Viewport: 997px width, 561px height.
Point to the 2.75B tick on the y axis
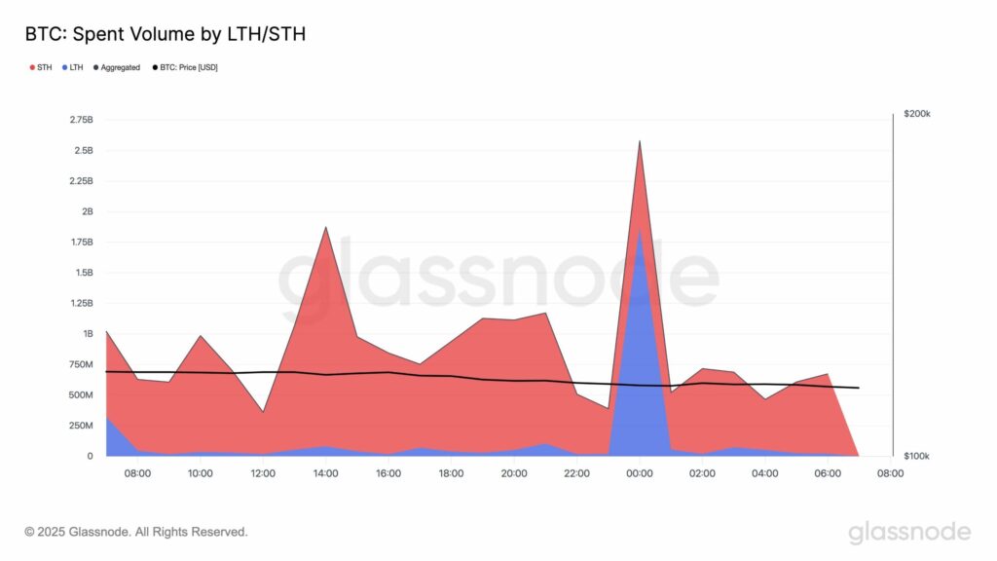81,120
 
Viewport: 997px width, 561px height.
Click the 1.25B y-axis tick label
81,304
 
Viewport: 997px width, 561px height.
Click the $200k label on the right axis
917,115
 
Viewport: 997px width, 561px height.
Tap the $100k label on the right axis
917,456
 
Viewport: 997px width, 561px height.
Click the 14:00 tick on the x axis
325,473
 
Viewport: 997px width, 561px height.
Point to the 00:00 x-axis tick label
639,473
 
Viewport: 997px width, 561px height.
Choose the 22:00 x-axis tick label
576,473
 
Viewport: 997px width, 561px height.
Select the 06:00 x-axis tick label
828,473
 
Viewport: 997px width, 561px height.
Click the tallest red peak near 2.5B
639,142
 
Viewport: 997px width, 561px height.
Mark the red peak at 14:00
325,228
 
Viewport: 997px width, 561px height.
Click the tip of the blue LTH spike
639,231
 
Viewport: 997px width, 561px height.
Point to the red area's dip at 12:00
263,412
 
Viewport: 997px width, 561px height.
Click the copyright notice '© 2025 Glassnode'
136,532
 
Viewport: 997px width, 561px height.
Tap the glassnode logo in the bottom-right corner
909,532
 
